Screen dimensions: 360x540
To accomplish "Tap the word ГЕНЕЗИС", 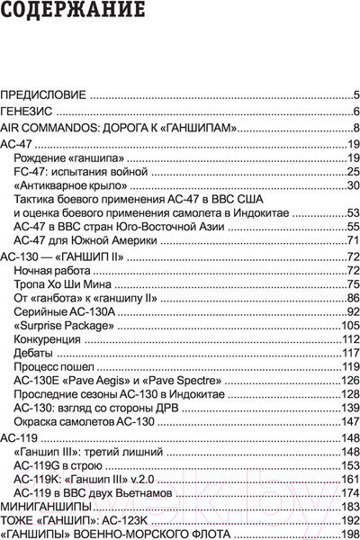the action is coord(29,111).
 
